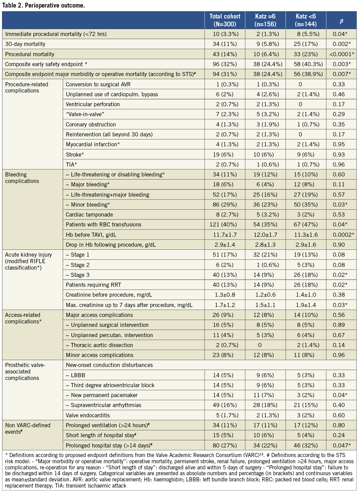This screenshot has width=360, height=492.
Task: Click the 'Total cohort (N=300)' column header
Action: pyautogui.click(x=225, y=20)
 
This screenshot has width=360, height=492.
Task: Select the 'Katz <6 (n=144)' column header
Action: pyautogui.click(x=306, y=20)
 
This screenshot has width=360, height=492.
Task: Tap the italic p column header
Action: pyautogui.click(x=341, y=21)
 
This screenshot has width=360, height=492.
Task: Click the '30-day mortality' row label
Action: pyautogui.click(x=25, y=44)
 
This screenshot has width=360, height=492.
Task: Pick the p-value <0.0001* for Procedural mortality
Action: pyautogui.click(x=341, y=54)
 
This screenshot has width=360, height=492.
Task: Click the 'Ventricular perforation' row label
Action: pyautogui.click(x=93, y=104)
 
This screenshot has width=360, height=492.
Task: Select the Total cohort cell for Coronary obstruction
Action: pyautogui.click(x=225, y=124)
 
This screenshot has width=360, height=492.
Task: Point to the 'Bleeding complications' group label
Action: pyautogui.click(x=22, y=178)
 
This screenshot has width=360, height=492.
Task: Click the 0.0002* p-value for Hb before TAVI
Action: pyautogui.click(x=341, y=235)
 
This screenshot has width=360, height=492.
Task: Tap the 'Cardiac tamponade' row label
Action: pyautogui.click(x=89, y=214)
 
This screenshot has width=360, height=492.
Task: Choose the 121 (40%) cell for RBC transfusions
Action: pyautogui.click(x=225, y=225)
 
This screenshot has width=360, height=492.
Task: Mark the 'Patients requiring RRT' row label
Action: pyautogui.click(x=93, y=285)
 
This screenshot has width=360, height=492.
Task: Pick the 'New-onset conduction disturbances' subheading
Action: pyautogui.click(x=109, y=365)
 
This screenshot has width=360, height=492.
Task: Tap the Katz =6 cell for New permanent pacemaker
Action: pyautogui.click(x=265, y=395)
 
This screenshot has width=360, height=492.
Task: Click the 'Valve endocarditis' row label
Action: pyautogui.click(x=88, y=415)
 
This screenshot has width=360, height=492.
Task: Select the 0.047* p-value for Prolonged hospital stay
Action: pyautogui.click(x=341, y=445)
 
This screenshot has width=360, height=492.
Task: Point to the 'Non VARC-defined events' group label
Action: pyautogui.click(x=28, y=429)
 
